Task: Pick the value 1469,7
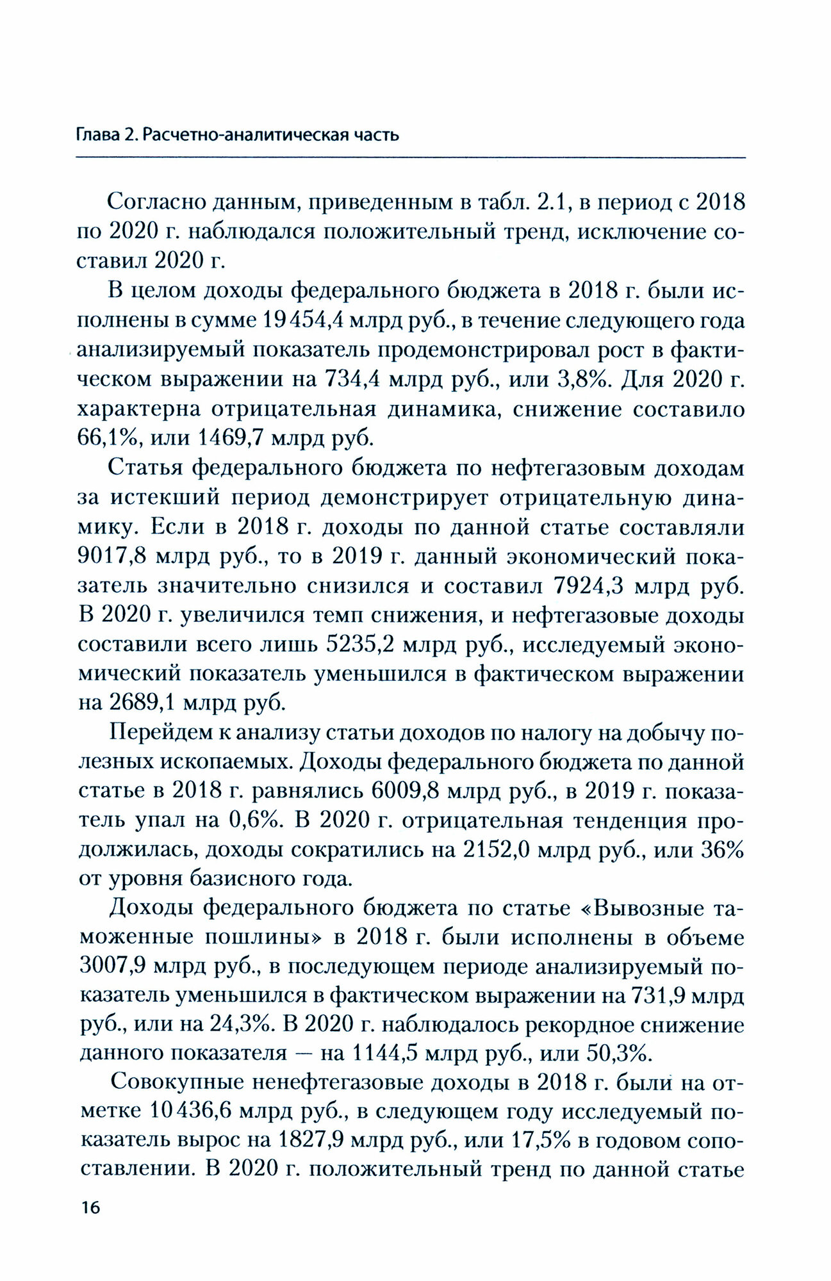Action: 231,438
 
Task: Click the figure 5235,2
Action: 360,645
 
